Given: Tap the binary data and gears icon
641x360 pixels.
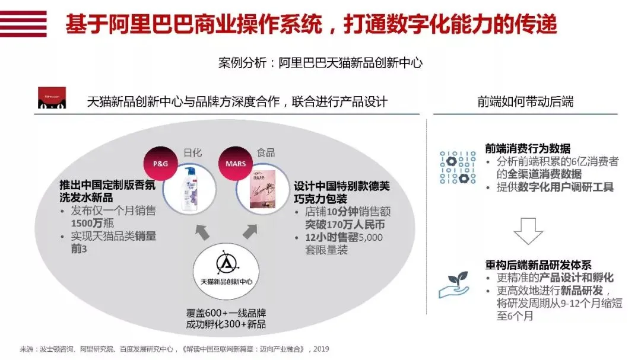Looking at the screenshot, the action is pyautogui.click(x=458, y=167).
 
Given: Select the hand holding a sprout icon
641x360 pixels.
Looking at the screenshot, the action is pyautogui.click(x=453, y=285).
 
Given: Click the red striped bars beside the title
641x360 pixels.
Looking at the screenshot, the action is pyautogui.click(x=23, y=24).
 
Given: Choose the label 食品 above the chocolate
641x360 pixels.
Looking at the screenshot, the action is pyautogui.click(x=265, y=153).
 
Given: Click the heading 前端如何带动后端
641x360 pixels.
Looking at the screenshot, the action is pyautogui.click(x=525, y=101).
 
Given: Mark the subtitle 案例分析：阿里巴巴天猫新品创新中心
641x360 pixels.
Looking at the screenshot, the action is pyautogui.click(x=320, y=63).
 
